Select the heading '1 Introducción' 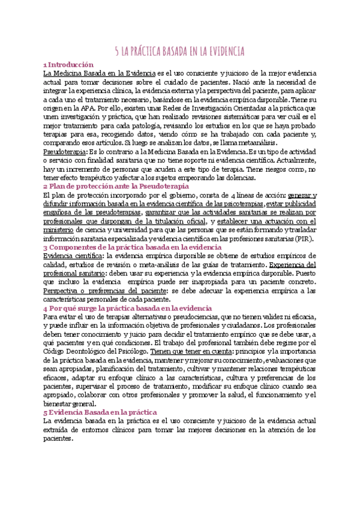pyautogui.click(x=70, y=64)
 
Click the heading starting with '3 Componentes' pyautogui.click(x=129, y=247)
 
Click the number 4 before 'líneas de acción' pyautogui.click(x=240, y=196)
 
